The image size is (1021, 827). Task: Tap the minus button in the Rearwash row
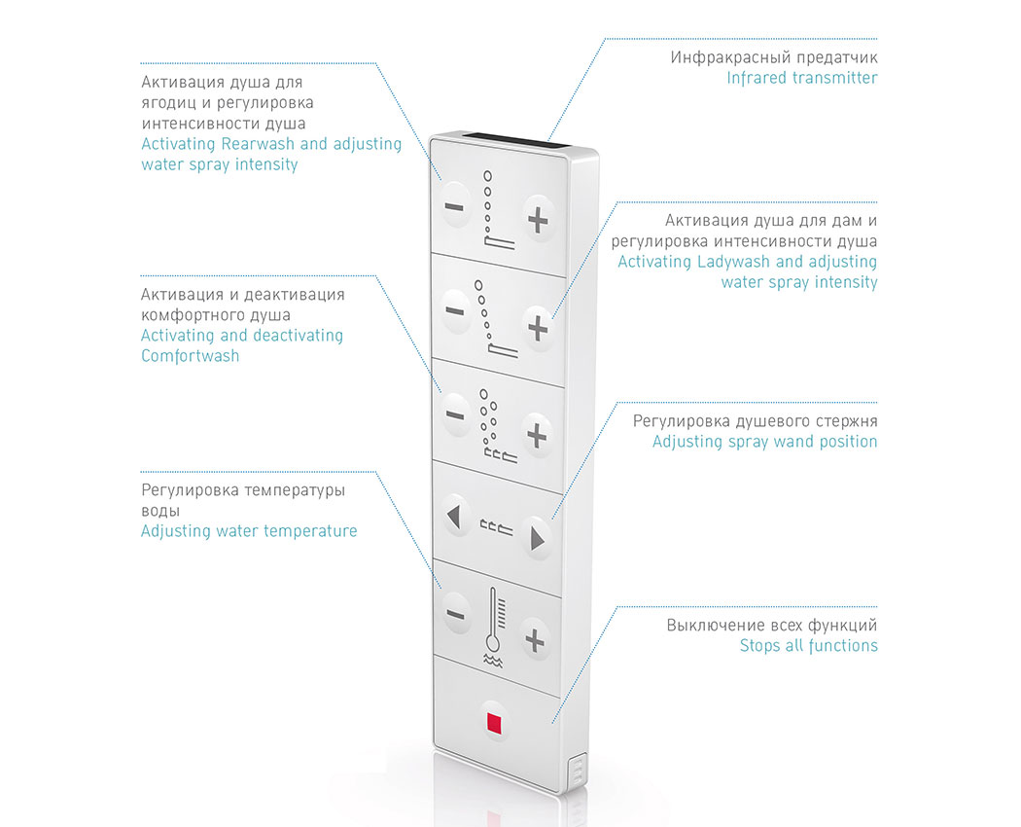point(454,207)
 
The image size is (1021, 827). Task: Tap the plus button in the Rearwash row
point(538,220)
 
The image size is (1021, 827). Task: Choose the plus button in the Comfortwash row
point(537,435)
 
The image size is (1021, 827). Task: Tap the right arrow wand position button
point(537,538)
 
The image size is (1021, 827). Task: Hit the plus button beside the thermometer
point(535,641)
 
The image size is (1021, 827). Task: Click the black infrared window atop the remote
point(516,139)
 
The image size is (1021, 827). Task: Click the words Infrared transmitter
point(802,78)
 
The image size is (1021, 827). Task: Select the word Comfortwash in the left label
point(191,356)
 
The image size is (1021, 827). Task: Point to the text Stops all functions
point(809,646)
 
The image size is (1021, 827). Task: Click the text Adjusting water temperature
point(249,531)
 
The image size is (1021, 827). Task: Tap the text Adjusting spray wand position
point(765,442)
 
